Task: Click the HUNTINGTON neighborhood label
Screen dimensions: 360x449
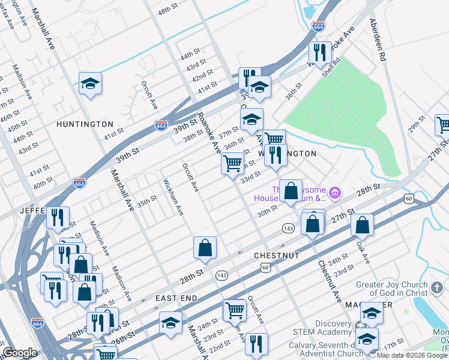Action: [85, 124]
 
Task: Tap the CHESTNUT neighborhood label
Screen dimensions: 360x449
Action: [276, 255]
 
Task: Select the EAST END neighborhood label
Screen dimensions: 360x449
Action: [176, 298]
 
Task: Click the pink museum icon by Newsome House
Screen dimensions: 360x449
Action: [335, 193]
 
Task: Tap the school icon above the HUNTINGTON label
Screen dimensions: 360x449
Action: [90, 83]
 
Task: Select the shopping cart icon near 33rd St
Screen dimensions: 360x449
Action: [232, 163]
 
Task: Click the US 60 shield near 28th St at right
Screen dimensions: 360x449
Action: [408, 199]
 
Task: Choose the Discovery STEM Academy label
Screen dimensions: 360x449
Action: [326, 328]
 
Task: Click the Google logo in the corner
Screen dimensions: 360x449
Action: [20, 353]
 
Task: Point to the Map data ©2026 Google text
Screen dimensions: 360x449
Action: [412, 356]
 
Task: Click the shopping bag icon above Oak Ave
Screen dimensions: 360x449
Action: [363, 225]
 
